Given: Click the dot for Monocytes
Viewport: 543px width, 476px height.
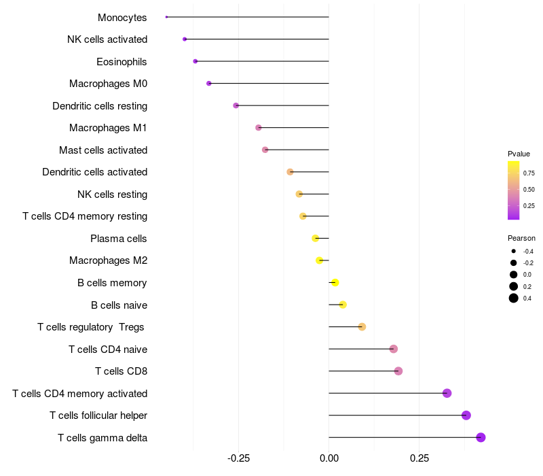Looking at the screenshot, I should tap(166, 17).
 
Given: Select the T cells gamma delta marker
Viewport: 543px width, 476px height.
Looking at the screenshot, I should tap(481, 437).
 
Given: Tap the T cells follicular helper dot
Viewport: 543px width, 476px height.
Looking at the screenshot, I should tap(466, 415).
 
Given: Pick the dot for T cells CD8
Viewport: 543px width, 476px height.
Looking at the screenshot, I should tap(398, 371).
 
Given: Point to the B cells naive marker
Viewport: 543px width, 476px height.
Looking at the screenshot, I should tap(343, 305).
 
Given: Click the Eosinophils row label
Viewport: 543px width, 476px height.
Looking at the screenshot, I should tap(121, 62).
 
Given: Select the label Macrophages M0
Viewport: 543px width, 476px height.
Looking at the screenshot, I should tap(108, 84).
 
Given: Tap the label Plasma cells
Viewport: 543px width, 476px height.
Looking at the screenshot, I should tap(119, 239).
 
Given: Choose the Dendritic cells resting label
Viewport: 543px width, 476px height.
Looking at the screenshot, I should tap(100, 106).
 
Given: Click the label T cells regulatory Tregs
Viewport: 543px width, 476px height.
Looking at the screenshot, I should tap(91, 327).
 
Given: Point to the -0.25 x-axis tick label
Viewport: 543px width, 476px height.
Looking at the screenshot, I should tap(238, 458).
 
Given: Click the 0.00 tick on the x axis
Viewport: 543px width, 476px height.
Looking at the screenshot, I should tap(329, 458).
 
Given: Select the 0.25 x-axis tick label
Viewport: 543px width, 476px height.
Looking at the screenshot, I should tap(419, 458).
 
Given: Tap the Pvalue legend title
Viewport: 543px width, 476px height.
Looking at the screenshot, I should tap(519, 154).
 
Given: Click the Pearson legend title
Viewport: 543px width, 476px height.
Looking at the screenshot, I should tap(521, 238).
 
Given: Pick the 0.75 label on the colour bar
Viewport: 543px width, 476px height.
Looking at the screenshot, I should tap(529, 173).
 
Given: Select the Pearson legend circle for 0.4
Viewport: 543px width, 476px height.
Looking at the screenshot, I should tap(514, 298).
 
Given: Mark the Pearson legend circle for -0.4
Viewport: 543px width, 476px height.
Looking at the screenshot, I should tap(514, 251).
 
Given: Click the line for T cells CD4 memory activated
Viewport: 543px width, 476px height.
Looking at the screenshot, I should tap(387, 393).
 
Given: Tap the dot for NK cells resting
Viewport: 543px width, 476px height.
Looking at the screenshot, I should tap(299, 194).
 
